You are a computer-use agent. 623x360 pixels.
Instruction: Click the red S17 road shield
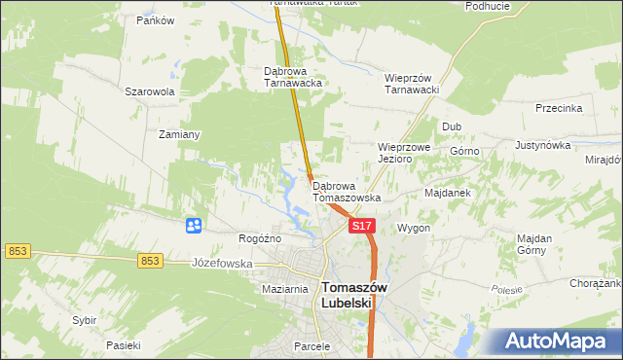point(361,226)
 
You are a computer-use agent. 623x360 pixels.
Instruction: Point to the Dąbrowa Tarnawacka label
point(293,77)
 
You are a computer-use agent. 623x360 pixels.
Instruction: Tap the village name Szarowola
point(149,91)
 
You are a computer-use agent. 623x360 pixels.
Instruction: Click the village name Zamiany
point(179,135)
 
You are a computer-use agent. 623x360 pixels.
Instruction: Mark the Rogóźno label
point(260,238)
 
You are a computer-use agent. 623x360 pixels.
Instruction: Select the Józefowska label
point(222,264)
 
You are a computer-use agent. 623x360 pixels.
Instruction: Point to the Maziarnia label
point(285,290)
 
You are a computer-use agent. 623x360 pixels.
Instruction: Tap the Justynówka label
point(541,145)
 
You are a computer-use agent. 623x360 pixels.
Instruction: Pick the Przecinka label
point(559,109)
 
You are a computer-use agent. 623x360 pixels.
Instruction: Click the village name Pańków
point(155,20)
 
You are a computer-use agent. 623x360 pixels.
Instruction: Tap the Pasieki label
point(124,345)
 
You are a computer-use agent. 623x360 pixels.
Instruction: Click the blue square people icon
point(194,226)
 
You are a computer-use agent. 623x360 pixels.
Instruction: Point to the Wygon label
point(413,228)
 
